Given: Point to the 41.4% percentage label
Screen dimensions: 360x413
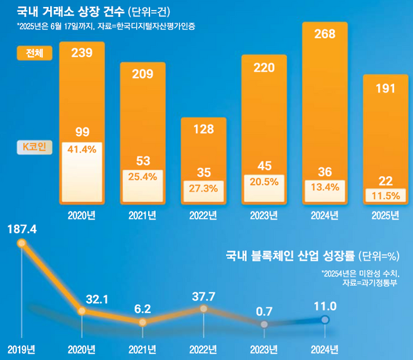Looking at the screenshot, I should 81,149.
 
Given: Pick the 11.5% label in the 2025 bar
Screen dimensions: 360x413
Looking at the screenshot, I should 385,195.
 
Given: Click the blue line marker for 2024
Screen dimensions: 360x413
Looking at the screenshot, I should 324,320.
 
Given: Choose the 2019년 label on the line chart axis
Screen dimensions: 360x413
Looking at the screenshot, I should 22,349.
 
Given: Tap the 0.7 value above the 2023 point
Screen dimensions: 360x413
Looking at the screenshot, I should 264,310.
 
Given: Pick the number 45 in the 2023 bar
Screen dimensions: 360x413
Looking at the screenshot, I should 264,166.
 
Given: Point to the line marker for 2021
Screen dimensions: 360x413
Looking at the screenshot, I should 142,322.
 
